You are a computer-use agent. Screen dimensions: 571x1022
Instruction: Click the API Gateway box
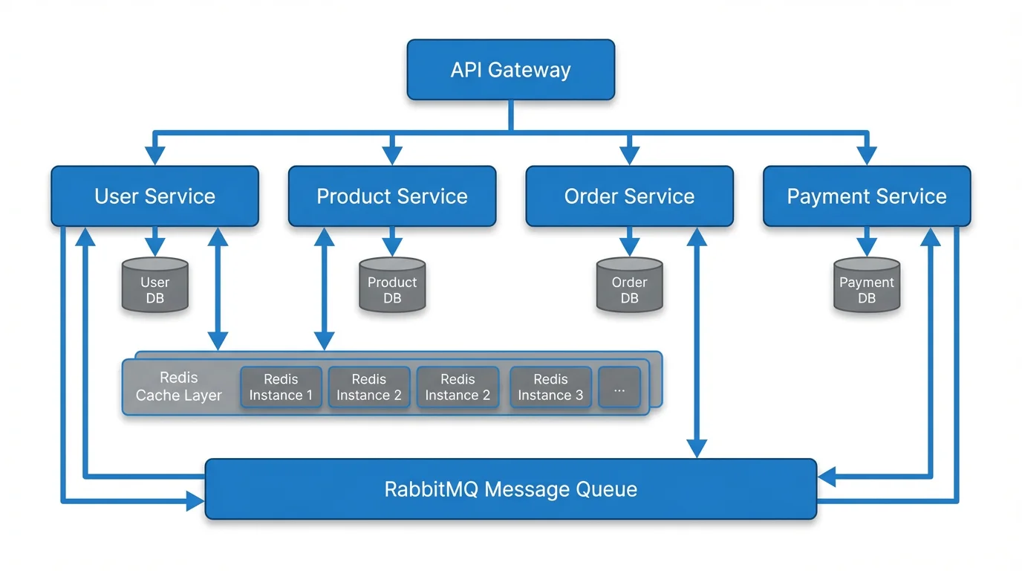tap(511, 70)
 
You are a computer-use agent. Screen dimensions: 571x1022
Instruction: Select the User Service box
tap(154, 196)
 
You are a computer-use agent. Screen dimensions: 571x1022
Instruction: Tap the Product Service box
tap(392, 196)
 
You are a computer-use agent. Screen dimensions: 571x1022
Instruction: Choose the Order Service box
tap(629, 196)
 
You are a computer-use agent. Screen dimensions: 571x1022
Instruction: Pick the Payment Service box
tap(867, 196)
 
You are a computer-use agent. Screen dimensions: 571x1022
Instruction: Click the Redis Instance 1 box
tap(281, 387)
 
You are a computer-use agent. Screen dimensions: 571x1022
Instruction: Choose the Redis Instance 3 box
tap(550, 387)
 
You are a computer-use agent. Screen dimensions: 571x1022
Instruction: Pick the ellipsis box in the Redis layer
tap(619, 387)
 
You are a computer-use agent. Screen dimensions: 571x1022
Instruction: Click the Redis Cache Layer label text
tap(179, 387)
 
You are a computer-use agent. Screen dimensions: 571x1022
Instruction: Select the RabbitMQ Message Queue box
tap(511, 489)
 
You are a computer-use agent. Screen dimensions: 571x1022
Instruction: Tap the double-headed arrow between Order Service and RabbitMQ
tap(697, 342)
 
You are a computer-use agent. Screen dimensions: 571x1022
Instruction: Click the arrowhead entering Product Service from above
tap(392, 155)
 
